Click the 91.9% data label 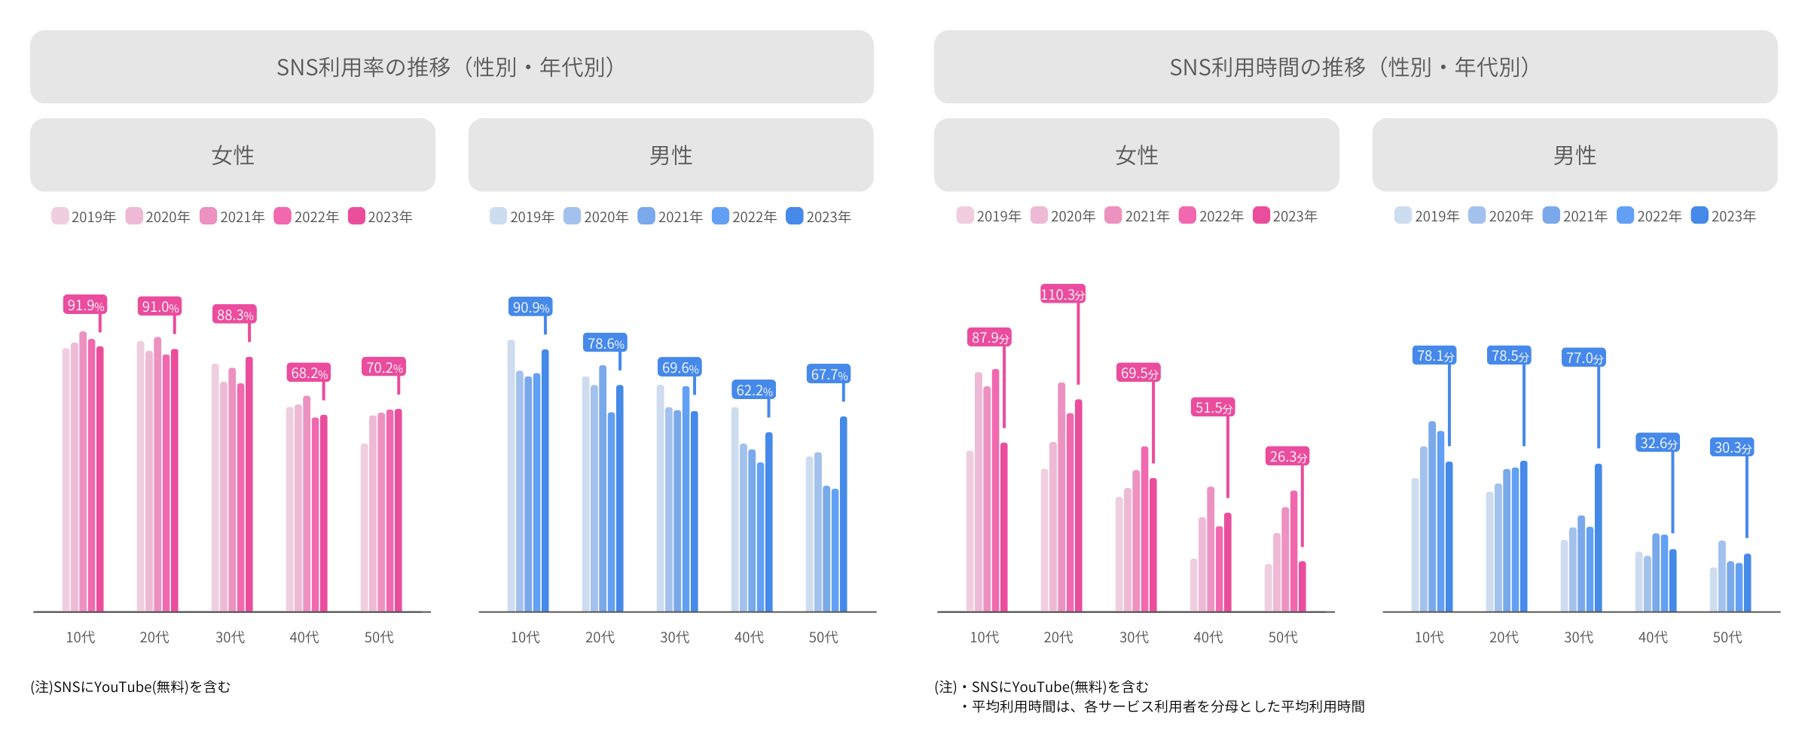85,305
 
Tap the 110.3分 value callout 1062,294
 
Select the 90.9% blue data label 530,307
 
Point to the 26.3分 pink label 1287,456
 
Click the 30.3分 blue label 1732,447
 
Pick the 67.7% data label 829,374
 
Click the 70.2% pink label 383,367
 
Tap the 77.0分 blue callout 1584,358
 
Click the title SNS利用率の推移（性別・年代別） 451,67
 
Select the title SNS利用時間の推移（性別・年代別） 1355,67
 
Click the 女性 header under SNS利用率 233,155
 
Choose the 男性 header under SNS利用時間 1574,155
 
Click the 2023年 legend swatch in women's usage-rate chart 356,216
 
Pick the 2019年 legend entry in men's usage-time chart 1427,216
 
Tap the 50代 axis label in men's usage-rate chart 823,637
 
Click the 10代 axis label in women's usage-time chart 984,637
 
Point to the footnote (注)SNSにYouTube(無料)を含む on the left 130,687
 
